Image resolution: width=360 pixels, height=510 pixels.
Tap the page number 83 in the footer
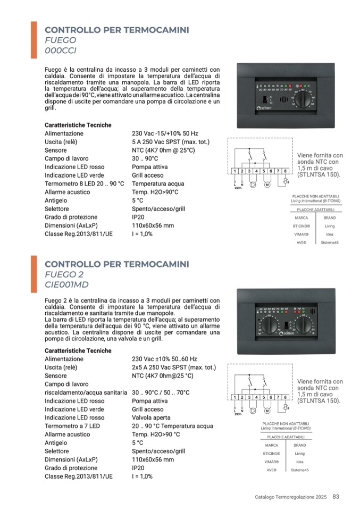pyautogui.click(x=336, y=497)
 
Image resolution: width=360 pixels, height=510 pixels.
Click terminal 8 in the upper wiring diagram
pyautogui.click(x=286, y=171)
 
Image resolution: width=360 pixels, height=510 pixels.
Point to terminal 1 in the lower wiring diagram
pyautogui.click(x=235, y=397)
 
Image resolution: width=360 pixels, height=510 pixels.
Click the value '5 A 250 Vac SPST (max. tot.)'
pyautogui.click(x=170, y=142)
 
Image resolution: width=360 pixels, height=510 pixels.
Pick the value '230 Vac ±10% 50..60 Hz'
pyautogui.click(x=164, y=359)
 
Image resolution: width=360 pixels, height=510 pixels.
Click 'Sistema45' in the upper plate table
pyautogui.click(x=330, y=243)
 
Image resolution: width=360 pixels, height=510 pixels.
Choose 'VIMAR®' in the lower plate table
pyautogui.click(x=271, y=462)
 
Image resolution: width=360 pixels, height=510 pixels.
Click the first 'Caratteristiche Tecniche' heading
pyautogui.click(x=78, y=125)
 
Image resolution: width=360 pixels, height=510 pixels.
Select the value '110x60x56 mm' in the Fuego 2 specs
pyautogui.click(x=153, y=459)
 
